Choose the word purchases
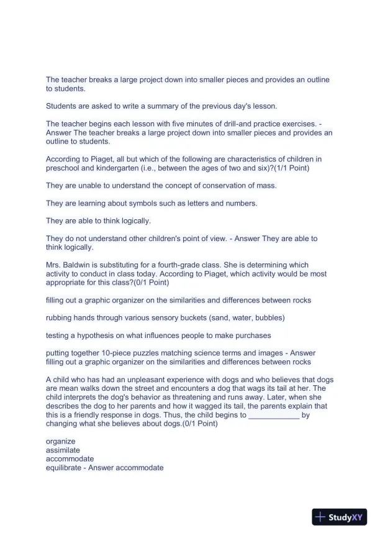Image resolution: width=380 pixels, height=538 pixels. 255,335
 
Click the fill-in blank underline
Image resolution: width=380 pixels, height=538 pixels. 273,416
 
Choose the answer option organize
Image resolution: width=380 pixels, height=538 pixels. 60,441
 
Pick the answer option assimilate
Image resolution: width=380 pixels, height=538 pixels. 63,450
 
